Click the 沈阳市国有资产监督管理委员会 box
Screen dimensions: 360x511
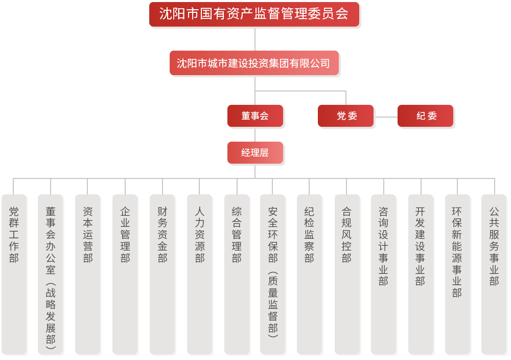254,14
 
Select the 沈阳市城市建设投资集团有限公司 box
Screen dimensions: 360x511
254,63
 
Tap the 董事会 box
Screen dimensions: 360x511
255,116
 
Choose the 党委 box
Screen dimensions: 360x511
346,116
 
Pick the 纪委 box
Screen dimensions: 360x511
426,116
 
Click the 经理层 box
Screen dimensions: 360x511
255,152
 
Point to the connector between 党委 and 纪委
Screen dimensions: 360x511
386,117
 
